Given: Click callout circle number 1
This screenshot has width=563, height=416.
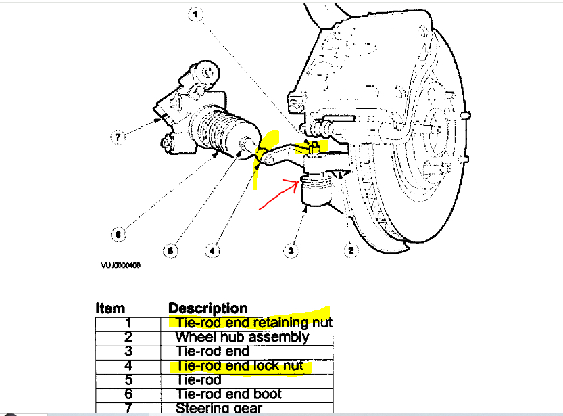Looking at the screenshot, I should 195,14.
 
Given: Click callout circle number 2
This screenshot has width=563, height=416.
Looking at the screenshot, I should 350,250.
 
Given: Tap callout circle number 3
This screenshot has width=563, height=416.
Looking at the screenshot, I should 291,250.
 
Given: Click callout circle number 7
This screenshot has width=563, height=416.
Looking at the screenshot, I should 117,137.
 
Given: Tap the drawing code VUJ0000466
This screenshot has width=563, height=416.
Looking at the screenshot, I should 121,266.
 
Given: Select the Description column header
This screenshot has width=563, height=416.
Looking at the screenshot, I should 208,309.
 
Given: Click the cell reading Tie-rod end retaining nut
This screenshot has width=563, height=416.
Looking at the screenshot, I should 251,323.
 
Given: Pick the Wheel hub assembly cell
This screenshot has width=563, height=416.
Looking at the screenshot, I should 242,337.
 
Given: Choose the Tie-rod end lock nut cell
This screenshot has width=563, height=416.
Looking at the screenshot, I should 239,366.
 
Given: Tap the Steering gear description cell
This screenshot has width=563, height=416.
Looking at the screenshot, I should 218,408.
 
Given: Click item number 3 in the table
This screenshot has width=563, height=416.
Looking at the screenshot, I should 128,352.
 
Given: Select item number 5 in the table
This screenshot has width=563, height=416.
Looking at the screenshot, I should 128,380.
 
